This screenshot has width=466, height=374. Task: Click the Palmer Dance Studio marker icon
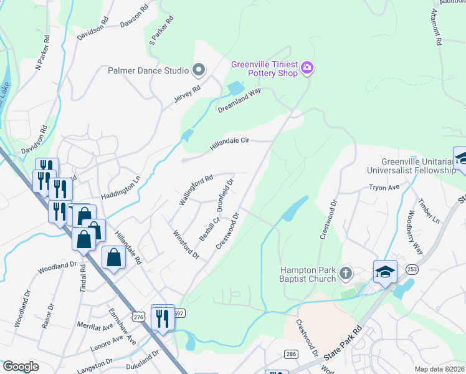199,70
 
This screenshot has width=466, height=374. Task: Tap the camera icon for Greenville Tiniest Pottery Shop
307,68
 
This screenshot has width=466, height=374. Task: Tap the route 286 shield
290,353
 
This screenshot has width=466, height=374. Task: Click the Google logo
21,367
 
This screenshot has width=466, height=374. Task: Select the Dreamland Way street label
239,100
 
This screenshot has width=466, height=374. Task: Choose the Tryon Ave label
384,187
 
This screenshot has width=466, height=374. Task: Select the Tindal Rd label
82,276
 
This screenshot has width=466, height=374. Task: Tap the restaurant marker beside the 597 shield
162,319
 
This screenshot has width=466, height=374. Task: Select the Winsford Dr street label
186,244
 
